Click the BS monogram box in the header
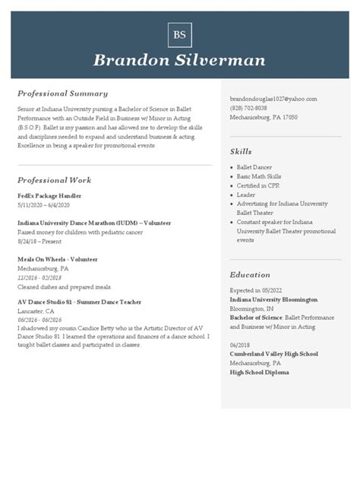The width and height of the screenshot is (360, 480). [x=179, y=35]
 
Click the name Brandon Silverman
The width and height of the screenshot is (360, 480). [x=179, y=60]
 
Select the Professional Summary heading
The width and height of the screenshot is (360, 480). [x=62, y=93]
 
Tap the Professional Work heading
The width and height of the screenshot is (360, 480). [x=54, y=180]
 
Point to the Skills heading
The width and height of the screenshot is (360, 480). [x=241, y=151]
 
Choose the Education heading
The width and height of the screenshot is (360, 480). [x=250, y=274]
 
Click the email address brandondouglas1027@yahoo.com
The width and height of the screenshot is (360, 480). [x=273, y=99]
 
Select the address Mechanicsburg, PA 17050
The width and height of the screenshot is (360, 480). [x=264, y=118]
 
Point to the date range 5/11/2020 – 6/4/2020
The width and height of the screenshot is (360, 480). [x=43, y=205]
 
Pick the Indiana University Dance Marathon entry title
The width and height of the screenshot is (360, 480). [x=94, y=223]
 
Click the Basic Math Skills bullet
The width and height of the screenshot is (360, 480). [x=258, y=176]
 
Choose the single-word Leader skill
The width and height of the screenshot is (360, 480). [x=245, y=194]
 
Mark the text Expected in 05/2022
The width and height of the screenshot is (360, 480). [x=254, y=290]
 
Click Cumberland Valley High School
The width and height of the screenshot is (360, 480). [x=273, y=354]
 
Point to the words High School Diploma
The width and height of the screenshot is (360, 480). [x=259, y=372]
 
